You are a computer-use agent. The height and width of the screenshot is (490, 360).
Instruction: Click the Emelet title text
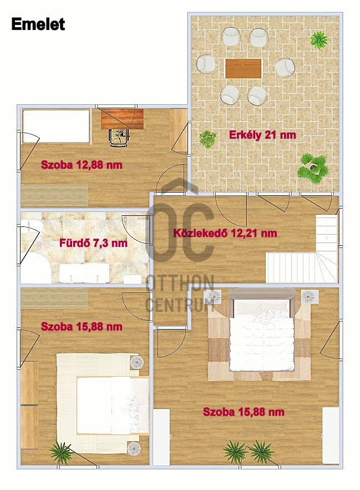click(x=38, y=24)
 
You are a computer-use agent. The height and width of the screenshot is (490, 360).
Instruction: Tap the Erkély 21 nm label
click(x=262, y=135)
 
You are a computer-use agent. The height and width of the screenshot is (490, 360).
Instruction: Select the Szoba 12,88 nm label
click(x=82, y=165)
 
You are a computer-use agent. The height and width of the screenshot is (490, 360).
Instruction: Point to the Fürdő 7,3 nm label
click(x=93, y=243)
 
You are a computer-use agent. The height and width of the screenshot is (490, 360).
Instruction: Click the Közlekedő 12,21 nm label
click(x=225, y=233)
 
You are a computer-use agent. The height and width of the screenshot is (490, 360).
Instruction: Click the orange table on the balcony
click(x=243, y=68)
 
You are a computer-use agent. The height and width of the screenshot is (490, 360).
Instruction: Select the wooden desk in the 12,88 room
click(x=122, y=119)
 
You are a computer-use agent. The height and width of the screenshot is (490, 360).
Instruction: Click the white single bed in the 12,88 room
click(x=56, y=126)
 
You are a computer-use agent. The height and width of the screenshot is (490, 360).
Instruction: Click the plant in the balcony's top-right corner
click(x=319, y=39)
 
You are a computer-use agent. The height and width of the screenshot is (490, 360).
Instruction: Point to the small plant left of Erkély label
click(x=207, y=139)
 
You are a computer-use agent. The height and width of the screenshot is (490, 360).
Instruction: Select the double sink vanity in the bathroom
click(x=84, y=273)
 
